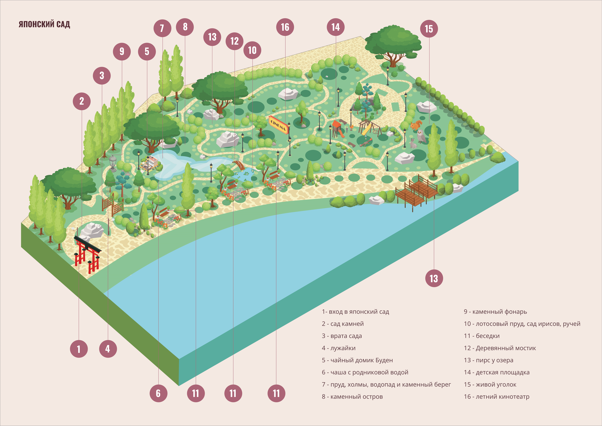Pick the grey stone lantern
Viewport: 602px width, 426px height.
(x=113, y=163)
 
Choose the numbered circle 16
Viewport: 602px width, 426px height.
(x=285, y=27)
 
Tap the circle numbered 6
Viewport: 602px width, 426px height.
(x=158, y=393)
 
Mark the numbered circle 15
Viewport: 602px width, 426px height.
(x=429, y=29)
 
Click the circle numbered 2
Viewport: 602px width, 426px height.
(x=82, y=101)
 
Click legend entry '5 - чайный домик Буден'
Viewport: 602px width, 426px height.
(x=357, y=360)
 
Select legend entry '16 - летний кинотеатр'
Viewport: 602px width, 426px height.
(x=497, y=397)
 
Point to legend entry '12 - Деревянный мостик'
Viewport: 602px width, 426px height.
(x=500, y=348)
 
